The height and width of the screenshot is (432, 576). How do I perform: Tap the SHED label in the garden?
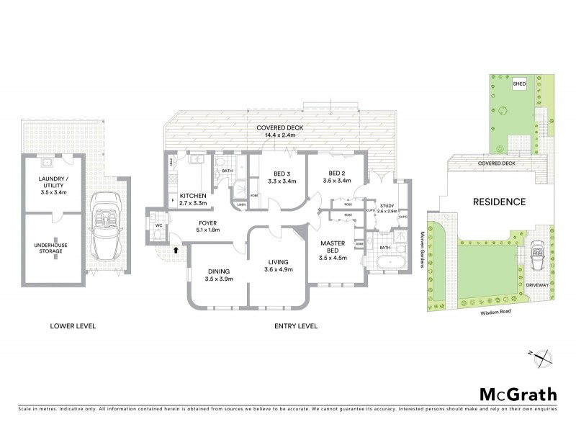point(518,84)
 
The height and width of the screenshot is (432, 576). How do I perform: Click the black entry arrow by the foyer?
point(175,250)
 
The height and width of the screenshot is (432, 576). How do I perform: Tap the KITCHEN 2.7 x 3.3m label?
point(194,199)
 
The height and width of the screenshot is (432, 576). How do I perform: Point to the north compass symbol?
point(545,356)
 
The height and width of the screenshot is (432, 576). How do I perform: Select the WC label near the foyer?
point(158,225)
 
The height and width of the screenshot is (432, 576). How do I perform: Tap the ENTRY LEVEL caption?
point(296,326)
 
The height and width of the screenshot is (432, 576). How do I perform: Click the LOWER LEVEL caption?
point(73,326)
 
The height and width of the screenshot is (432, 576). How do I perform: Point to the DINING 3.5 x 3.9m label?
point(219,275)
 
